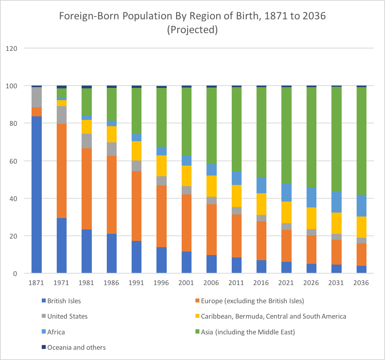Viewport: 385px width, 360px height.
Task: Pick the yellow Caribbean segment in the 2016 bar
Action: pyautogui.click(x=261, y=204)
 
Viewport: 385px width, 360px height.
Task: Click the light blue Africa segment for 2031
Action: pyautogui.click(x=336, y=202)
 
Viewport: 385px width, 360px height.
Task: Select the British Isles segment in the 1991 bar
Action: pyautogui.click(x=136, y=257)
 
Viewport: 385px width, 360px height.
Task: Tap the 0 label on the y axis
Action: pyautogui.click(x=15, y=274)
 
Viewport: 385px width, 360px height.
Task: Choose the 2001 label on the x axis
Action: pyautogui.click(x=186, y=283)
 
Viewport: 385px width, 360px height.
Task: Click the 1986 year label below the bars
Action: pyautogui.click(x=112, y=283)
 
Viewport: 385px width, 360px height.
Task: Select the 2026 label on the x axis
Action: pyautogui.click(x=311, y=283)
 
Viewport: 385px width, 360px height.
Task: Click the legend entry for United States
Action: pyautogui.click(x=67, y=316)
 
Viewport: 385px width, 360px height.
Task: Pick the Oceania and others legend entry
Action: pyautogui.click(x=76, y=347)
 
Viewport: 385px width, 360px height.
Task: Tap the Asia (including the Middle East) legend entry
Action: pyautogui.click(x=247, y=332)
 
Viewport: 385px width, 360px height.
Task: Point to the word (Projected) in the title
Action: pyautogui.click(x=192, y=30)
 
